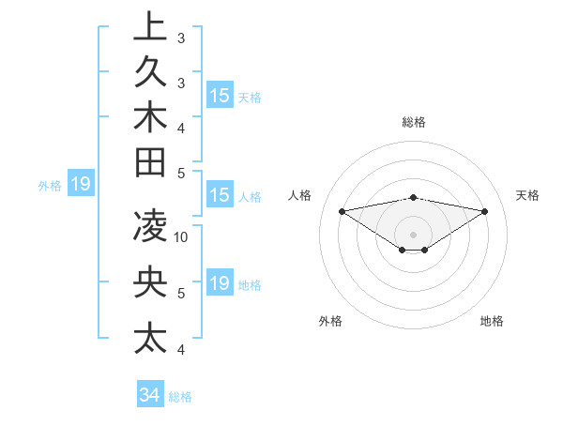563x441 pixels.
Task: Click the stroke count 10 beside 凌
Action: click(181, 237)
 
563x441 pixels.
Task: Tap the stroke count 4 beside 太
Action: click(181, 350)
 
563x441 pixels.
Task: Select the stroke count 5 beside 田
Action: click(181, 173)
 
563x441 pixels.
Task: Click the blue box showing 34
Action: click(149, 395)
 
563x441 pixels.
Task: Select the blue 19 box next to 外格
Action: click(80, 185)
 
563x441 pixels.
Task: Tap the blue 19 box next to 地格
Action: click(219, 283)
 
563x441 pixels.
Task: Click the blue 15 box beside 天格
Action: click(219, 96)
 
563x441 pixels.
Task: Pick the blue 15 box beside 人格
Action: click(219, 196)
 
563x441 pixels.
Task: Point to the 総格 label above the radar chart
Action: click(414, 122)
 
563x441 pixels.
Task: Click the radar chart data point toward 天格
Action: click(485, 211)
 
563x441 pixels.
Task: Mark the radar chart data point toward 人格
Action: click(342, 210)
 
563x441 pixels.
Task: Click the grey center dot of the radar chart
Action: click(414, 234)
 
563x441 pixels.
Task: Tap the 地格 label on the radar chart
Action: click(492, 321)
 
